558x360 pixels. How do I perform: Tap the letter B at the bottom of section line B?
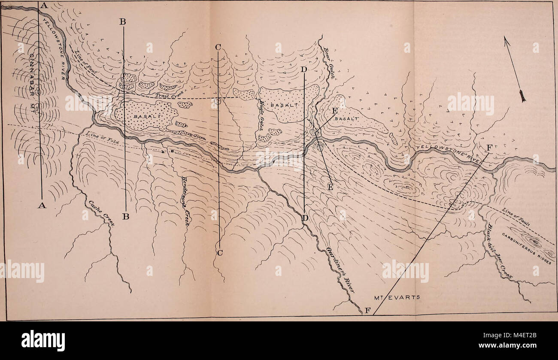click(125, 217)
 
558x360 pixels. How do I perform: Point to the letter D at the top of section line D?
click(304, 69)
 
